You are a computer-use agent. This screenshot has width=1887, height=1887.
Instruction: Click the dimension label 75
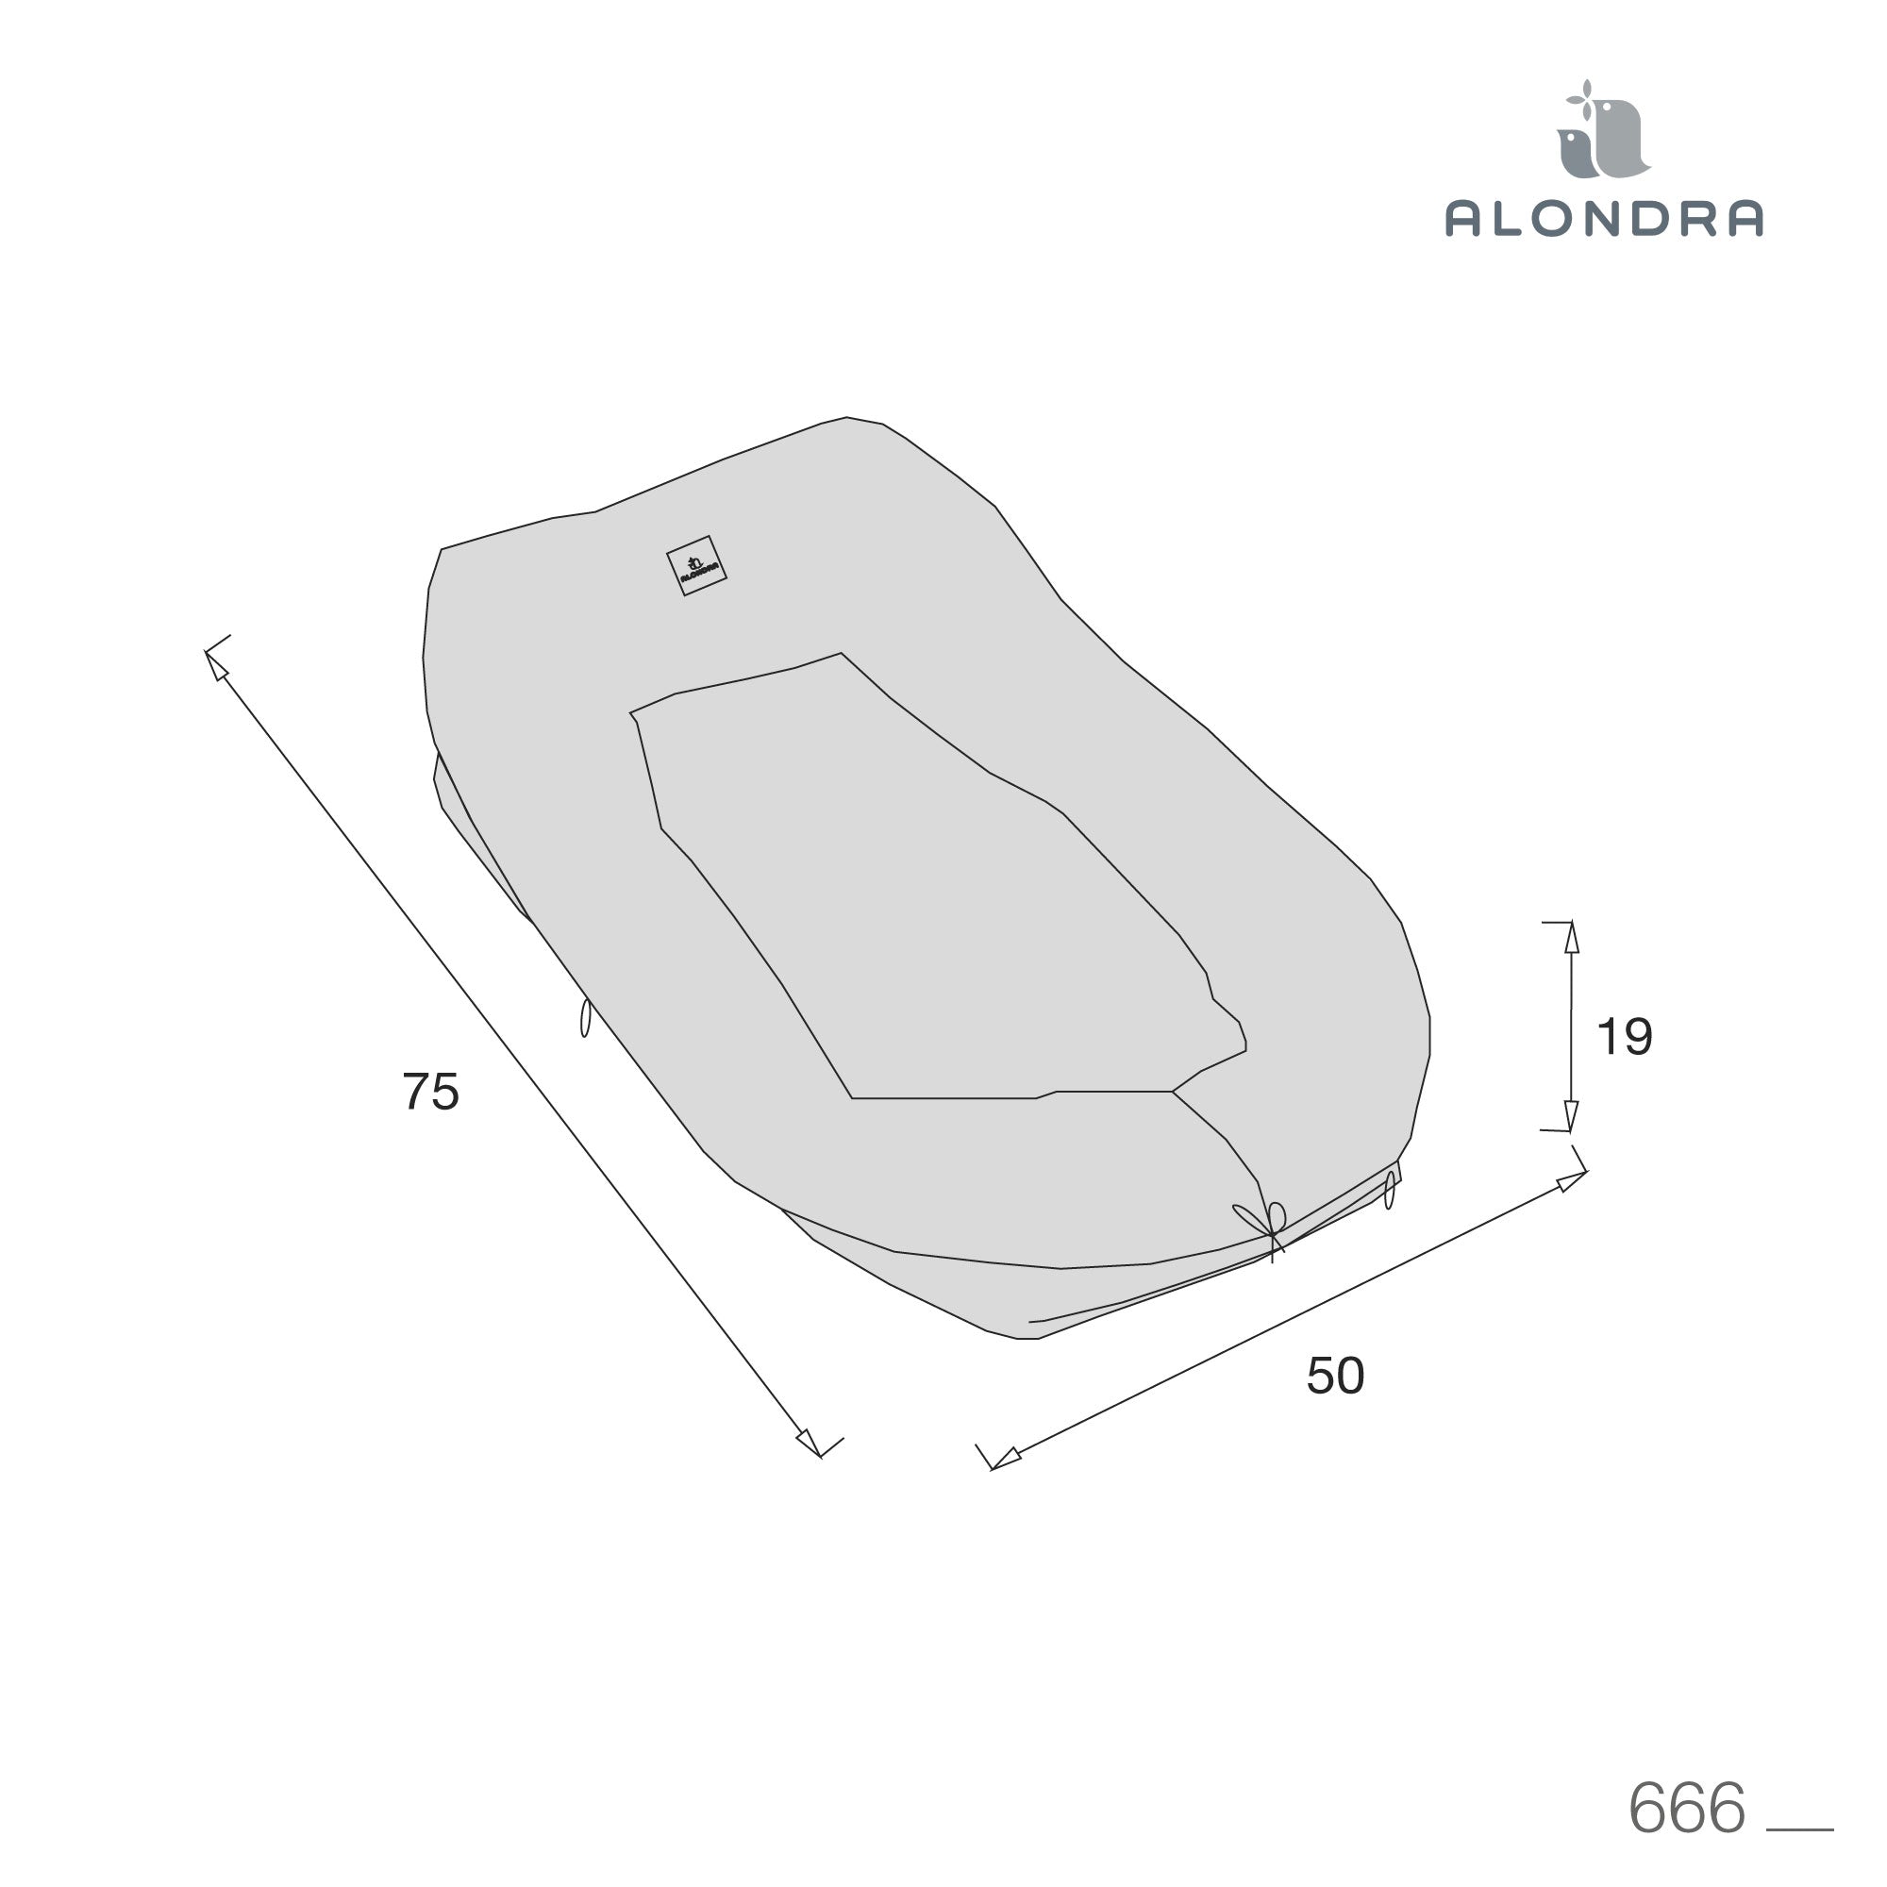(431, 1092)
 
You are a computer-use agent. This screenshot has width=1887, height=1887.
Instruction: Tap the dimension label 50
(1335, 1376)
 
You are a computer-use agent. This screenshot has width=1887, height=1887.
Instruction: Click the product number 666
(1687, 1808)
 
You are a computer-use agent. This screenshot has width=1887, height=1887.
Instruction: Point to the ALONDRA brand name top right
(1604, 218)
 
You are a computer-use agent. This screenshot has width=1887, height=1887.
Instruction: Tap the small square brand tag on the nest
(696, 565)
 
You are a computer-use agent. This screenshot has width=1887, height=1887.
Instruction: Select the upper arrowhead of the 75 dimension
(217, 666)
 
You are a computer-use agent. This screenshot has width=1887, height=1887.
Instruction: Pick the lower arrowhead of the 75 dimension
(809, 1443)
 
